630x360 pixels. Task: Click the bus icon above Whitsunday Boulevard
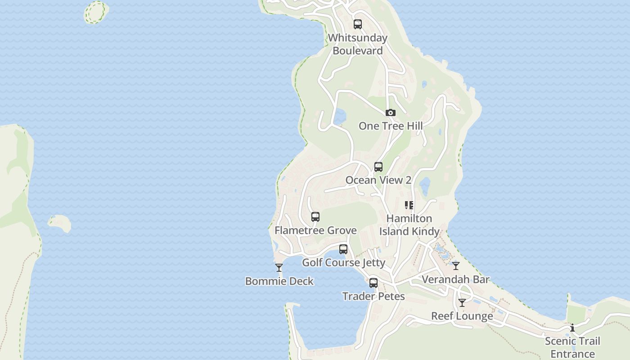[358, 24]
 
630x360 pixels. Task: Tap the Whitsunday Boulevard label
[358, 44]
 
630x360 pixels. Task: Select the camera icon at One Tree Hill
[391, 113]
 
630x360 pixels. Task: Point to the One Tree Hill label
[391, 126]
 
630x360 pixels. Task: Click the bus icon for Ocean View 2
[378, 167]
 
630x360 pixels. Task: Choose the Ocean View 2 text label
[378, 180]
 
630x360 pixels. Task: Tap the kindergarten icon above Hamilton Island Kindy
[409, 205]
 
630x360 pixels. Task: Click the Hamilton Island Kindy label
[409, 225]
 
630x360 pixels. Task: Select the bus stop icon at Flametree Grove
[315, 217]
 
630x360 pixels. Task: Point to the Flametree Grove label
[315, 230]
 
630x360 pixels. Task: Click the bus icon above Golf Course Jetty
[343, 249]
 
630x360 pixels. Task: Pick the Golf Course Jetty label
[343, 263]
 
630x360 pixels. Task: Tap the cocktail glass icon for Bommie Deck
[279, 268]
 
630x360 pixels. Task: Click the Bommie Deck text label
[279, 281]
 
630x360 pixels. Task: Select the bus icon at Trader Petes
[373, 283]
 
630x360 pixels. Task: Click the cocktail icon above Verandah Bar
[456, 266]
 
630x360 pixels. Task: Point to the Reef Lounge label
[462, 316]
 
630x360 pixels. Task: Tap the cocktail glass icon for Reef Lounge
[462, 303]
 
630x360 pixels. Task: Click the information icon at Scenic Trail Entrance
[572, 328]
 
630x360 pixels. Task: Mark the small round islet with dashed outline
[96, 12]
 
